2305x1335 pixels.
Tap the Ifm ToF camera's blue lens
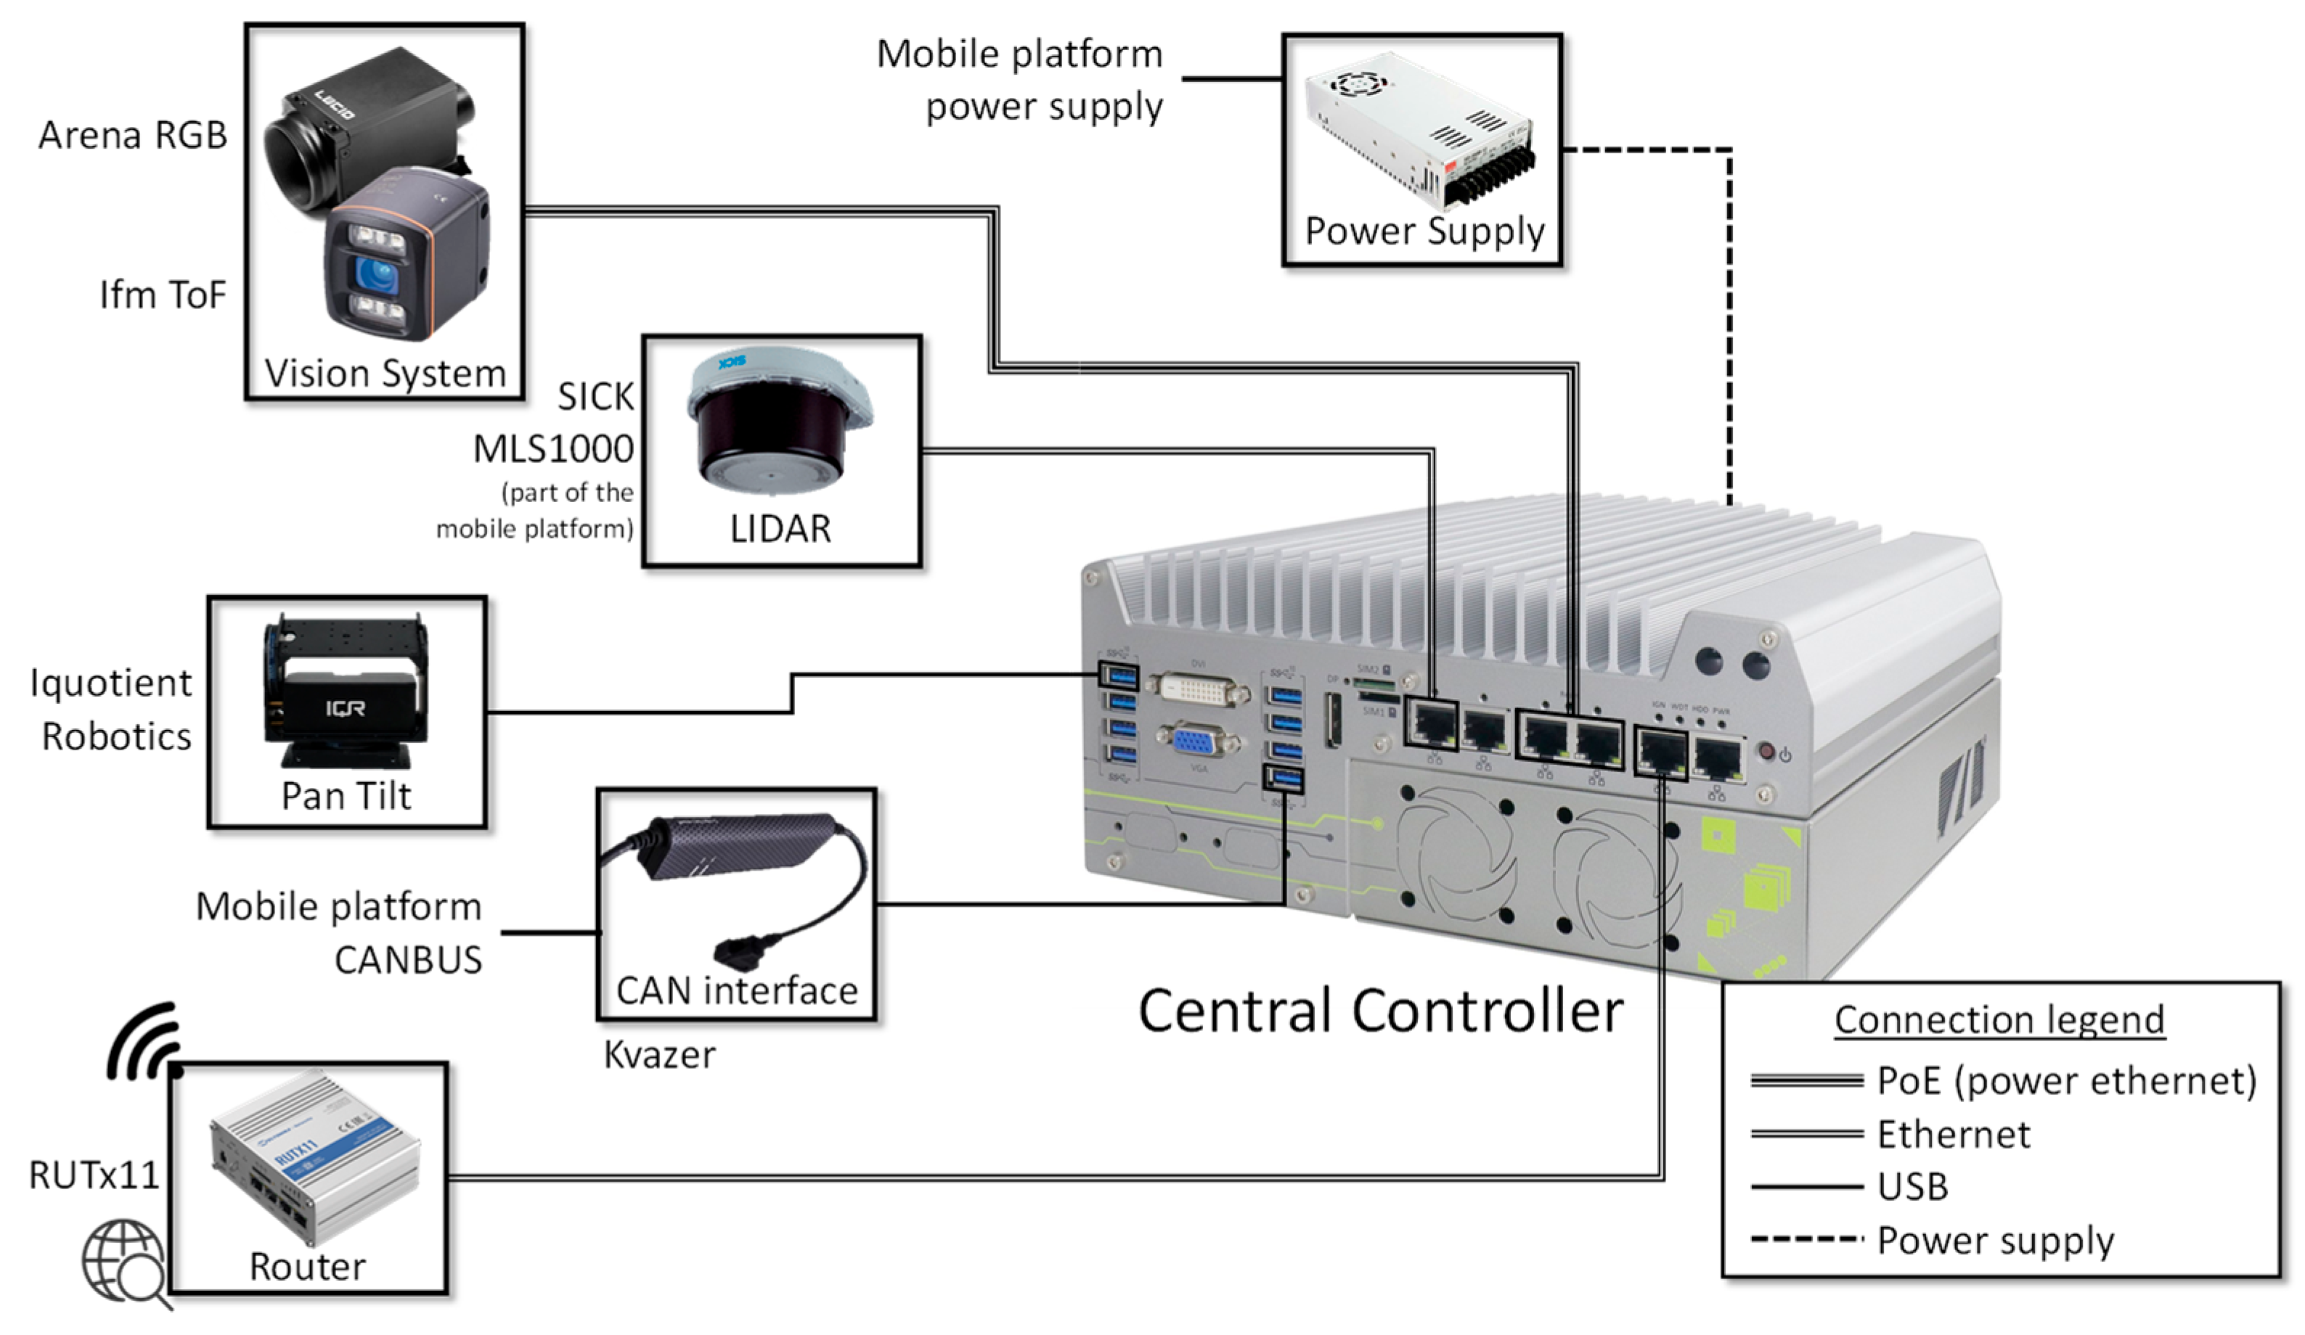[375, 273]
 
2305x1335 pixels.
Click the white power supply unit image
[1421, 128]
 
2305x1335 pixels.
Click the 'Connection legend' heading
[1999, 1019]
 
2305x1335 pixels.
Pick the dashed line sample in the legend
[1806, 1240]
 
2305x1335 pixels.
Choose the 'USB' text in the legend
[1912, 1187]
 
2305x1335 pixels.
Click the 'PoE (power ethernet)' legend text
[2065, 1081]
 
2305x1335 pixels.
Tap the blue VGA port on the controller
[1194, 739]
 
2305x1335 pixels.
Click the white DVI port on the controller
[1196, 689]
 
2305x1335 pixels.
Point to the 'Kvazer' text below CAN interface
[658, 1055]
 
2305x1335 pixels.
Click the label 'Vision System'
[384, 373]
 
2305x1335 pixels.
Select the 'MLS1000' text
[553, 449]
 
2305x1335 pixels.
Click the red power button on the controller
[1767, 752]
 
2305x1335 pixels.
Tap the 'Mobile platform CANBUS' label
[338, 932]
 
